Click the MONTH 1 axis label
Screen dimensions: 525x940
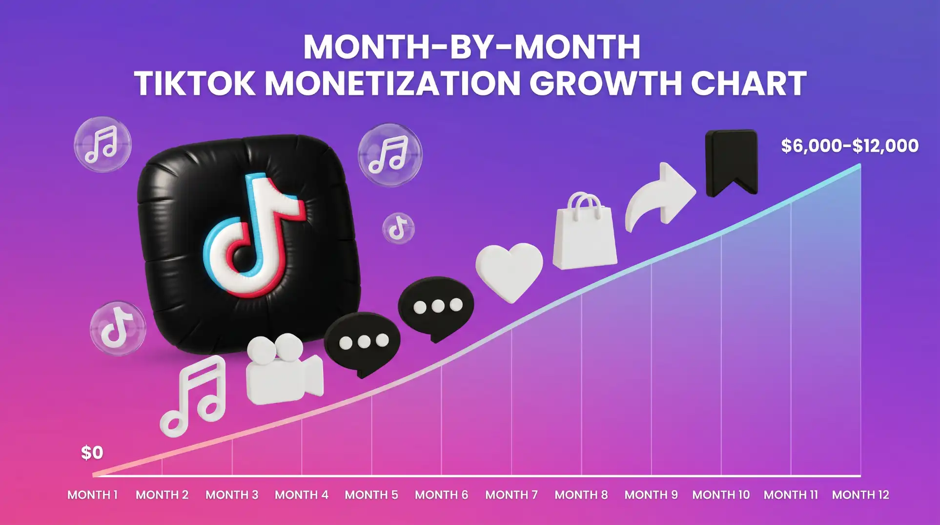pos(92,495)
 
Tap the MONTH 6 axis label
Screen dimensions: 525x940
pos(441,495)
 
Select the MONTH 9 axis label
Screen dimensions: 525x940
pos(651,495)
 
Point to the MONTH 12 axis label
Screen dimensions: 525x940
pos(860,495)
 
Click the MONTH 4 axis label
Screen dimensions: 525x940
pos(302,495)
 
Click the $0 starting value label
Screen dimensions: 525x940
pos(92,453)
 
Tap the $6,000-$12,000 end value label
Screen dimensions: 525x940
pos(850,146)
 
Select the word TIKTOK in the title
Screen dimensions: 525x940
pos(194,84)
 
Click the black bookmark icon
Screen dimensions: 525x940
pos(731,162)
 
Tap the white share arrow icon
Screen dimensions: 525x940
pos(660,196)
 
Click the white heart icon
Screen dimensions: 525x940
pos(509,270)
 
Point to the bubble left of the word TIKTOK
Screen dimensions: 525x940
pos(102,145)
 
